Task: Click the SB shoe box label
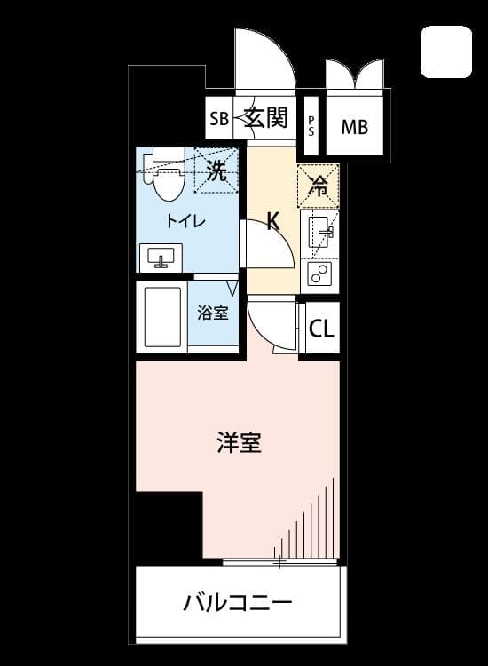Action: tap(219, 119)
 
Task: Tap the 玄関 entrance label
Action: tap(266, 117)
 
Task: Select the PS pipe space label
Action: tap(311, 127)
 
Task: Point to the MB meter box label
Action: tap(355, 127)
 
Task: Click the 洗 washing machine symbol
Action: tap(216, 170)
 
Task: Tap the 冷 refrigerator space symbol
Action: tap(319, 186)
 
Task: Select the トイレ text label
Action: tap(185, 221)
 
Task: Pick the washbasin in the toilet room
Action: tap(161, 258)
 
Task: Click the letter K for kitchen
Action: tap(273, 221)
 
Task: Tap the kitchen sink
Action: tap(319, 233)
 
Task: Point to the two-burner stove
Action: tap(319, 274)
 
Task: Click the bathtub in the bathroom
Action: tap(163, 317)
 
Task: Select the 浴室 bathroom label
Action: tap(213, 313)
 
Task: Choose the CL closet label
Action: tap(322, 329)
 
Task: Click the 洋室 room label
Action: tap(239, 442)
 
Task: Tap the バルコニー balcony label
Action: tap(238, 603)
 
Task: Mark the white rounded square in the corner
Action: tap(446, 52)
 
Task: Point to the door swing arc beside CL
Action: tap(260, 334)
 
